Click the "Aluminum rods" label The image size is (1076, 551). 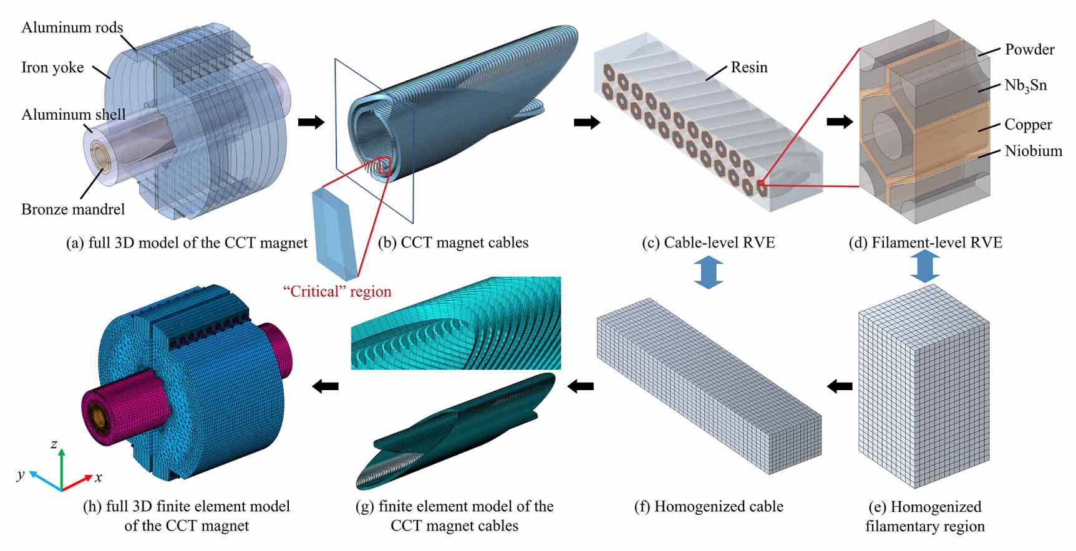[72, 27]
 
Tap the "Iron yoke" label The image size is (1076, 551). [52, 67]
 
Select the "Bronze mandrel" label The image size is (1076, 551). [73, 209]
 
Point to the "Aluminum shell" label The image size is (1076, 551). [74, 115]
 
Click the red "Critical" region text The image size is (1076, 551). [337, 292]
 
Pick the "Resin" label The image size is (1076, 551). [749, 67]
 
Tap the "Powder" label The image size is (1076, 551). [1029, 49]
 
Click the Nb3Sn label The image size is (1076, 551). [1025, 86]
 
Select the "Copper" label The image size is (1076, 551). [1028, 125]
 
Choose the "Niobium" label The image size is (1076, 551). [1033, 151]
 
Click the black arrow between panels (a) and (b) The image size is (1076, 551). [311, 122]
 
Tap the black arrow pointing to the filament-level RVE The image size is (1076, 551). [840, 122]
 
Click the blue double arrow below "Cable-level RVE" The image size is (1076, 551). [709, 272]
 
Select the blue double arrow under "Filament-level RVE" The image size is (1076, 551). [925, 267]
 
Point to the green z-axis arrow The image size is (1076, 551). [61, 469]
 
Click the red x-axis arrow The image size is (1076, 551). [77, 483]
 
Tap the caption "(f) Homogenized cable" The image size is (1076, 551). [709, 507]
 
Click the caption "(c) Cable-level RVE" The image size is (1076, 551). [709, 242]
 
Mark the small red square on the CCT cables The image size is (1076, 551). [384, 165]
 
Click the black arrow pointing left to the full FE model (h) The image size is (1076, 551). [325, 386]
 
